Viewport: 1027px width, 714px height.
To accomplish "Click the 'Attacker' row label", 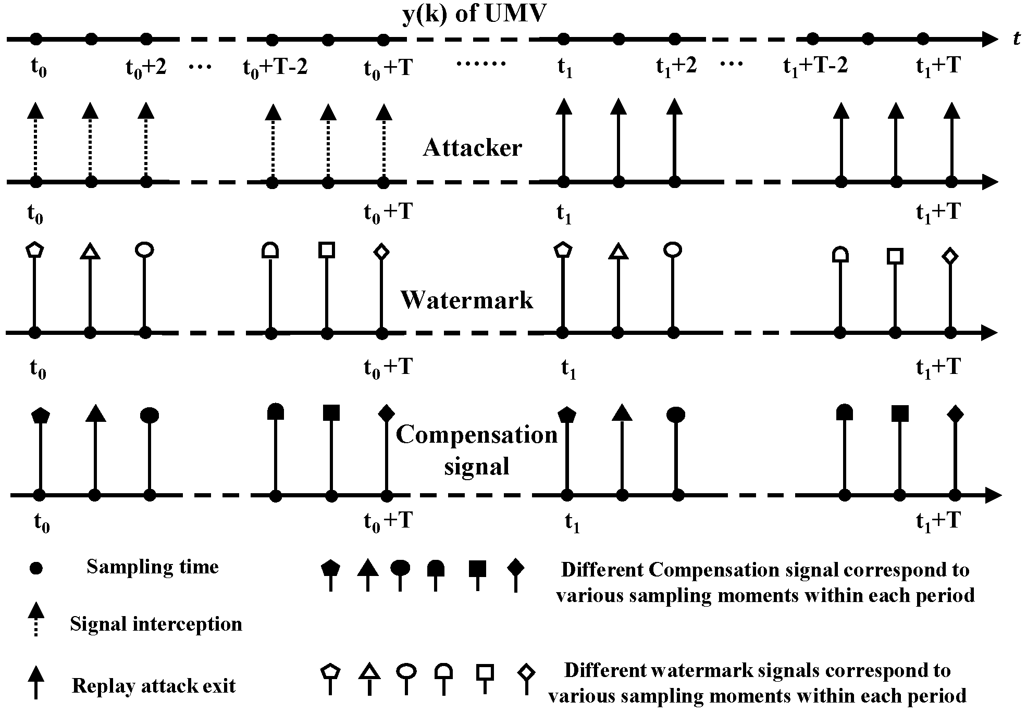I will coord(472,148).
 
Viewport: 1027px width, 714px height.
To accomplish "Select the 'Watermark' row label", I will coord(466,300).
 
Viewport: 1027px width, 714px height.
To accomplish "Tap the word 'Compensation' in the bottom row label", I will coord(476,435).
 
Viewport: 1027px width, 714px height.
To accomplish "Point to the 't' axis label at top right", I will coord(1017,39).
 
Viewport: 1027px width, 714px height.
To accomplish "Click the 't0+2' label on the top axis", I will coord(146,68).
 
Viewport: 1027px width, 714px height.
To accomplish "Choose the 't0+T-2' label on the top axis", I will coord(275,68).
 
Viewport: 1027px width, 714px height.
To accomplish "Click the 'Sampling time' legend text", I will coord(152,567).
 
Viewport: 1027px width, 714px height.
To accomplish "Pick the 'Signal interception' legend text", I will coord(156,624).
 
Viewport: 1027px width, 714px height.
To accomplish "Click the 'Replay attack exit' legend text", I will coord(153,686).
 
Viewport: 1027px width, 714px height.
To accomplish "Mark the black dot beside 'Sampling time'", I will coord(35,568).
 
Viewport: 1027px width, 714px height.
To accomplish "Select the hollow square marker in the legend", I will coord(485,672).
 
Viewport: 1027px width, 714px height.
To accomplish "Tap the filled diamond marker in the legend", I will coord(515,568).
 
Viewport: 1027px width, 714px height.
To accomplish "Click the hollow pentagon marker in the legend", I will coord(330,672).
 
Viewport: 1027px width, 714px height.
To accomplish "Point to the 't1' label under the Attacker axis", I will coord(564,214).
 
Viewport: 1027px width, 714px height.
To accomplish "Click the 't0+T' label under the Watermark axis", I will coord(388,368).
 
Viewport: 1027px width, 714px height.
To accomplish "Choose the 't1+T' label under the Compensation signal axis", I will coord(938,521).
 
